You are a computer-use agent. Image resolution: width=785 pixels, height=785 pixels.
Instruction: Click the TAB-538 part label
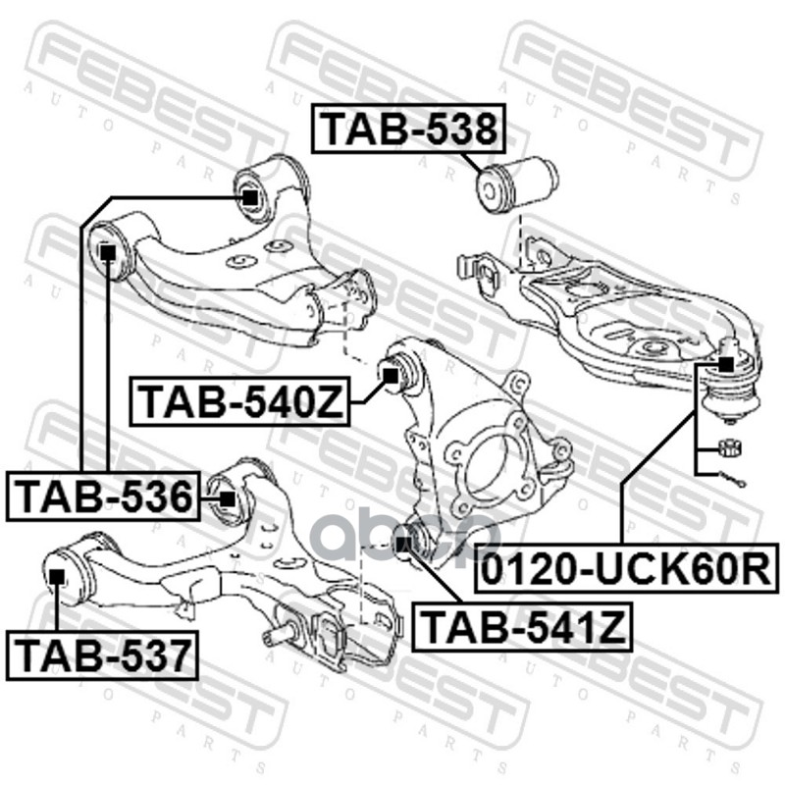(x=408, y=130)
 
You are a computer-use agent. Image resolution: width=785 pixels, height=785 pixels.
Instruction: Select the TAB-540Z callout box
(x=241, y=402)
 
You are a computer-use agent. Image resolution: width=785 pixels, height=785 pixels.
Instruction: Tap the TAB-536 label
(x=102, y=497)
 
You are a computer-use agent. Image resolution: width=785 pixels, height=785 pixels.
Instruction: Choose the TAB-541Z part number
(x=522, y=626)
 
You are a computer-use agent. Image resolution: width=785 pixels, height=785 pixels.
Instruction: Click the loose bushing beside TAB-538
(x=516, y=183)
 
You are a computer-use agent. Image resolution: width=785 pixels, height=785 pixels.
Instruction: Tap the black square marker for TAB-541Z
(x=401, y=539)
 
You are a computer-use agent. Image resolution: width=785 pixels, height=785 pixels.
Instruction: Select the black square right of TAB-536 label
(x=228, y=497)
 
